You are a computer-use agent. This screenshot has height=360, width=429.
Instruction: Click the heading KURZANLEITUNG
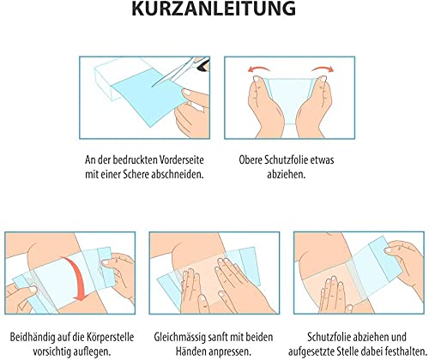[214, 9]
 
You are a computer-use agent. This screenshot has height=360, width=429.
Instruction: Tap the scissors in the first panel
[182, 70]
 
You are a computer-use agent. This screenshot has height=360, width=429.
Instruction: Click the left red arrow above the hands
[259, 69]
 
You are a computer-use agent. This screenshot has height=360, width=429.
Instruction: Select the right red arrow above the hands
[323, 69]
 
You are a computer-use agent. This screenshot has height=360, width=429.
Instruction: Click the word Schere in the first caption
[136, 174]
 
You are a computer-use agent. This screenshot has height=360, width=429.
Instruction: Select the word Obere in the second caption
[251, 159]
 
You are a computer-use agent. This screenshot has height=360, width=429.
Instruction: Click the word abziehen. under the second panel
[287, 174]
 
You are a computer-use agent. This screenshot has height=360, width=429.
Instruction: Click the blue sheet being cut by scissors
[148, 96]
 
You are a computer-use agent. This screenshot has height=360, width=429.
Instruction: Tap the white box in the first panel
[114, 75]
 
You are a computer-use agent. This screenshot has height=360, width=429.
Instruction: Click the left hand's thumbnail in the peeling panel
[257, 78]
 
